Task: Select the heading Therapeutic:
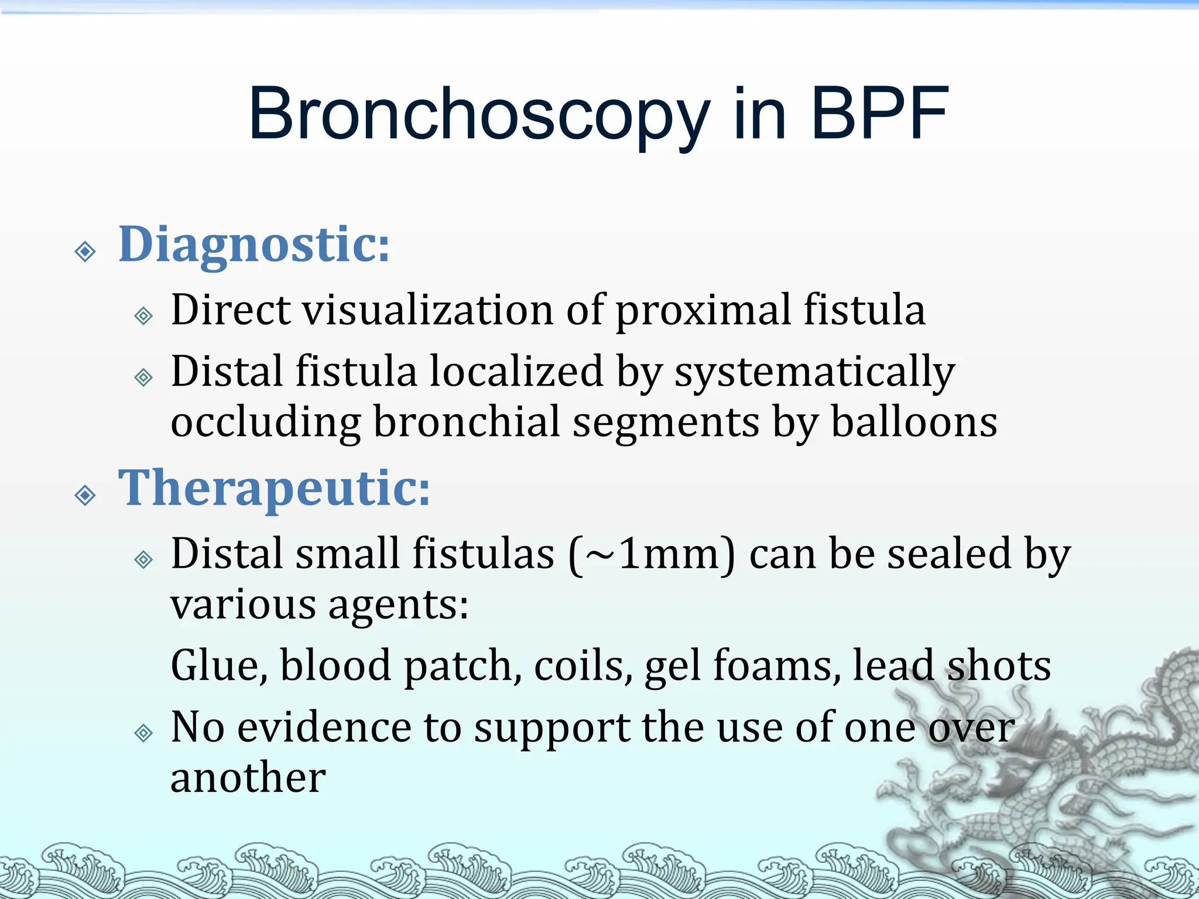pyautogui.click(x=274, y=489)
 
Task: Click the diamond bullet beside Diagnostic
pyautogui.click(x=85, y=252)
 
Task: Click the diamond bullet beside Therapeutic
pyautogui.click(x=85, y=495)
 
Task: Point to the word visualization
pyautogui.click(x=427, y=310)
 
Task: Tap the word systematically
pyautogui.click(x=814, y=372)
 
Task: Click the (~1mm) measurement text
pyautogui.click(x=652, y=554)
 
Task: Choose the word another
pyautogui.click(x=248, y=778)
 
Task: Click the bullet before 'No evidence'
pyautogui.click(x=143, y=733)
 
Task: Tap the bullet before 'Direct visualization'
pyautogui.click(x=143, y=316)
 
